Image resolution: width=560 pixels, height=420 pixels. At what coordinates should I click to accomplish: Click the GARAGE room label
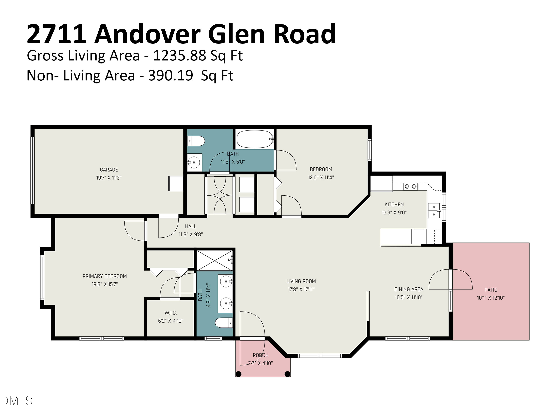[x=109, y=170]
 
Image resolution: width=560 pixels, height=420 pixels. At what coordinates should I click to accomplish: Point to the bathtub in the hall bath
[x=254, y=139]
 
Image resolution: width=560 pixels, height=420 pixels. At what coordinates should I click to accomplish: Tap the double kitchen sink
[x=434, y=210]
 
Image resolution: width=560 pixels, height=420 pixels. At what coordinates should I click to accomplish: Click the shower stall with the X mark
[x=214, y=261]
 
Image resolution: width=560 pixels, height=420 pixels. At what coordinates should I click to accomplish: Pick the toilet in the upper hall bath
[x=196, y=141]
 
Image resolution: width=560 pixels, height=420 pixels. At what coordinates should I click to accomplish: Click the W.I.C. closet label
[x=171, y=313]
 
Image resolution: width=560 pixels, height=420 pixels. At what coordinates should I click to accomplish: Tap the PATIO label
[x=491, y=290]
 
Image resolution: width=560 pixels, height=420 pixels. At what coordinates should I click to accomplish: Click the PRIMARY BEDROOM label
[x=105, y=276]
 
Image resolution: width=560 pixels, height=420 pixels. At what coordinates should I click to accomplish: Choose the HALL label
[x=190, y=226]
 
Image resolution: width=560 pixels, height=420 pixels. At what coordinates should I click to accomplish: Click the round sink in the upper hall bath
[x=194, y=162]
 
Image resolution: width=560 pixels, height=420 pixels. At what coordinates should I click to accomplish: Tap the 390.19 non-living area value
[x=170, y=75]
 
